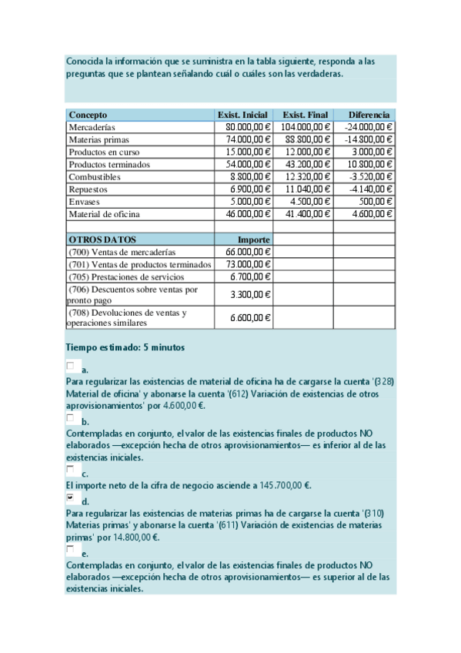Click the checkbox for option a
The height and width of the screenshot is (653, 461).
[x=71, y=366]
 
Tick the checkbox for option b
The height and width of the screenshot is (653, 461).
[x=71, y=418]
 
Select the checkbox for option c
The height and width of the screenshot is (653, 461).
[x=71, y=470]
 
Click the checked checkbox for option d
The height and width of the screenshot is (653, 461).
[x=71, y=498]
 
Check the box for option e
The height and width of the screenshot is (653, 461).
[x=71, y=550]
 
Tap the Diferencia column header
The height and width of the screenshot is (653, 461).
[x=369, y=115]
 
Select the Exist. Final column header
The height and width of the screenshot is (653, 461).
[x=306, y=115]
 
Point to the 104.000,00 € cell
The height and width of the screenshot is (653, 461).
[x=306, y=127]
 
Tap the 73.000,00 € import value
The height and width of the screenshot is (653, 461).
[x=248, y=264]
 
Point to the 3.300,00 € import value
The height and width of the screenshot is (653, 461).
[x=251, y=294]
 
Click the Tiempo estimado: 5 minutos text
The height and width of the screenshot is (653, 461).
[x=125, y=347]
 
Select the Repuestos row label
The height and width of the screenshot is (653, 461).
[x=89, y=189]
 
